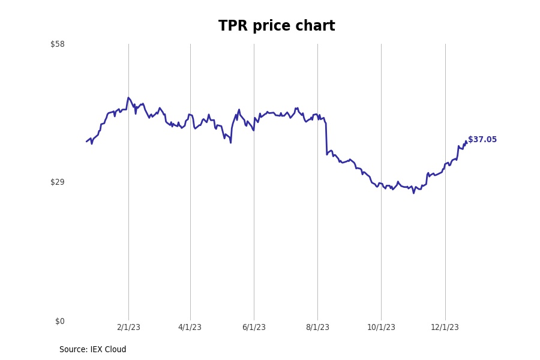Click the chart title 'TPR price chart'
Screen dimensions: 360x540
277,26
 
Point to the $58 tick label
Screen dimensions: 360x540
58,44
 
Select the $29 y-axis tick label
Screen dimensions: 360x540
58,182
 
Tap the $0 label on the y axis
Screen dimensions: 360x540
59,321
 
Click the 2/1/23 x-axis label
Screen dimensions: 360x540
128,328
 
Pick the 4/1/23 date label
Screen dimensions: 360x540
190,328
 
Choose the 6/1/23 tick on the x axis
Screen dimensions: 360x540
254,328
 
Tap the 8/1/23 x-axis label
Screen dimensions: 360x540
317,328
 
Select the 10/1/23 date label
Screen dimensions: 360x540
381,328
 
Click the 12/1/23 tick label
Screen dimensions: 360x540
445,328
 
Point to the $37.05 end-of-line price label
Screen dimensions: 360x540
482,140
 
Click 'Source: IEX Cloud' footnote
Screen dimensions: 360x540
93,350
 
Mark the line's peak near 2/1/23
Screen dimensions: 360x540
128,98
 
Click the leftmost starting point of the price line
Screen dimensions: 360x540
86,142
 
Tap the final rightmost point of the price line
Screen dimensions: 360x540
466,143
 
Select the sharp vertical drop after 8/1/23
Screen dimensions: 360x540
326,139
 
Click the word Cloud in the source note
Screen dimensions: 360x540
115,350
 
